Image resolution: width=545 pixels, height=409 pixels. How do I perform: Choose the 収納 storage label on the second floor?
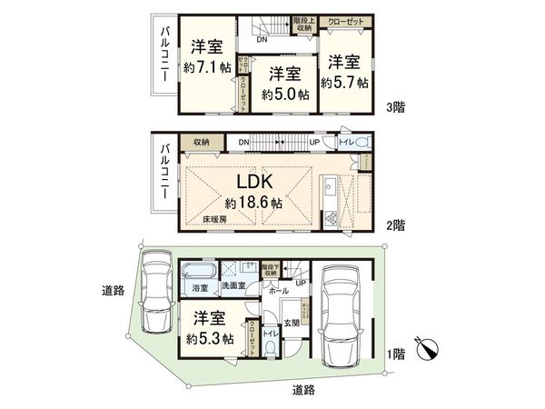pyautogui.click(x=200, y=142)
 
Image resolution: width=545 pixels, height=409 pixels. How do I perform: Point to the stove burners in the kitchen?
pyautogui.click(x=331, y=216)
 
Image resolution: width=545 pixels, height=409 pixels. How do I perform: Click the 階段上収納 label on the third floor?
pyautogui.click(x=304, y=25)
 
